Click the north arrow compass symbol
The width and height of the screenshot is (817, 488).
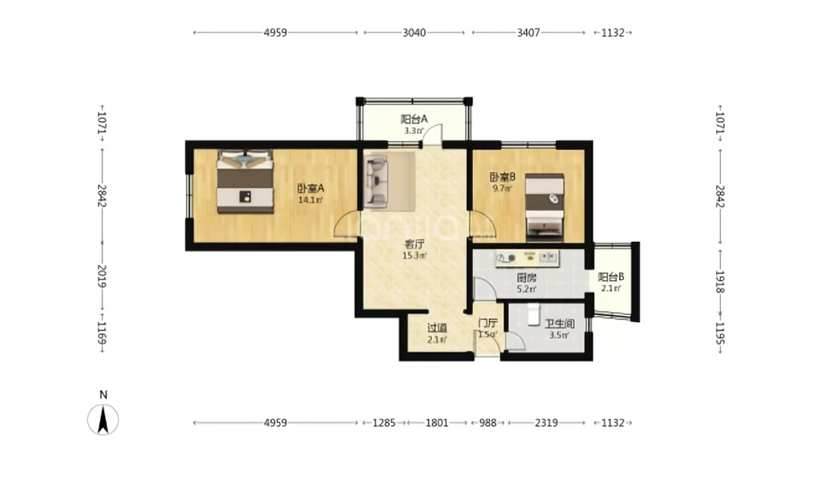coord(103,419)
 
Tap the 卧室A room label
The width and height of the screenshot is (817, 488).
coord(310,188)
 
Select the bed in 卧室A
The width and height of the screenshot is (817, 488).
coord(245,181)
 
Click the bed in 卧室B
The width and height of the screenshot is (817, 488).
coord(544,208)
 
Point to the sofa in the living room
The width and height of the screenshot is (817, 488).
coord(376,182)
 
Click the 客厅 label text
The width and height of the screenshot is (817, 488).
coord(415,244)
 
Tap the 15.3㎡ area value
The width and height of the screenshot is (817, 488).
coord(415,256)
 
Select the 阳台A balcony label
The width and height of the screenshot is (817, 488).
coord(415,119)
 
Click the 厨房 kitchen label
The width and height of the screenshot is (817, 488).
coord(526,278)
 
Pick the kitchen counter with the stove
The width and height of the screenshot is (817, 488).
coord(528,258)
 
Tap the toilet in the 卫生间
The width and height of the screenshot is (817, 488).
coord(533,315)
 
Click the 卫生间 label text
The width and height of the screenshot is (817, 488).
coord(560,324)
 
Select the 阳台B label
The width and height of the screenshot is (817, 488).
coord(611,277)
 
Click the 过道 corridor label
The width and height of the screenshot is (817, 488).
coord(437,328)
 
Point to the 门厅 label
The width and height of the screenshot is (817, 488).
coord(488,323)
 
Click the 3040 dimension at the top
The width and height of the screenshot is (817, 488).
coord(415,32)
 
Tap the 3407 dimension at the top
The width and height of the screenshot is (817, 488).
coord(528,32)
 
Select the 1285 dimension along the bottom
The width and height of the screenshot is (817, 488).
coord(384,423)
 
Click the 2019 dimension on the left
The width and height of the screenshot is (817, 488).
coord(102,277)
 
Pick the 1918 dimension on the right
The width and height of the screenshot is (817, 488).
coord(720,282)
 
